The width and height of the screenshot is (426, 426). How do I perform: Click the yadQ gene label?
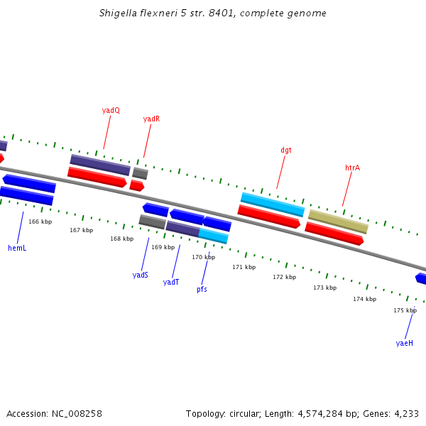tap(111, 110)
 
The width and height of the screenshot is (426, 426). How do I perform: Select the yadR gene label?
tap(151, 119)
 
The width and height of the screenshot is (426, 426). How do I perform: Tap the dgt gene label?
tap(286, 151)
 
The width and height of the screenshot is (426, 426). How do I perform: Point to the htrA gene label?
tap(352, 168)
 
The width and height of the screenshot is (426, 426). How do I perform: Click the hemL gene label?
tap(17, 248)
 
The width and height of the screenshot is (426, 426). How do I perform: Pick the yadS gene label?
tap(140, 275)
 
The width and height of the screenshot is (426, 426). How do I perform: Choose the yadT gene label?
tap(171, 282)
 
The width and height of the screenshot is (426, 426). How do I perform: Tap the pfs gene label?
tap(202, 289)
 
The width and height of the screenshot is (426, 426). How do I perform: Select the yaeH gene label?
tap(404, 343)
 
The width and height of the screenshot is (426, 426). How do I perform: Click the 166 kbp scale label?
tap(40, 222)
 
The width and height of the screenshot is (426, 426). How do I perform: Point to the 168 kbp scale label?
tap(121, 239)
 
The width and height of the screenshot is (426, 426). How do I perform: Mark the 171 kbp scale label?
tap(244, 267)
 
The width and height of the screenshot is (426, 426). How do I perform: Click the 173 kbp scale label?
tap(325, 288)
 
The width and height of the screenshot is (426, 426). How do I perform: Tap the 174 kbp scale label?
tap(365, 299)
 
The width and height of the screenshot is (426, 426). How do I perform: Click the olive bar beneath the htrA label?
tap(339, 222)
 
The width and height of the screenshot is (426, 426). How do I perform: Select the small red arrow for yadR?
tap(137, 185)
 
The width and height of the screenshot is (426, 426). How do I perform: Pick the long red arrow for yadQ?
tap(97, 177)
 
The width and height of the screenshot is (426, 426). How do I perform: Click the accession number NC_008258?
tap(77, 414)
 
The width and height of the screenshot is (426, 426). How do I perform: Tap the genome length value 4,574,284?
tap(320, 414)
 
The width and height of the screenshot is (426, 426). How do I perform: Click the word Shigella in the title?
tap(118, 13)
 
